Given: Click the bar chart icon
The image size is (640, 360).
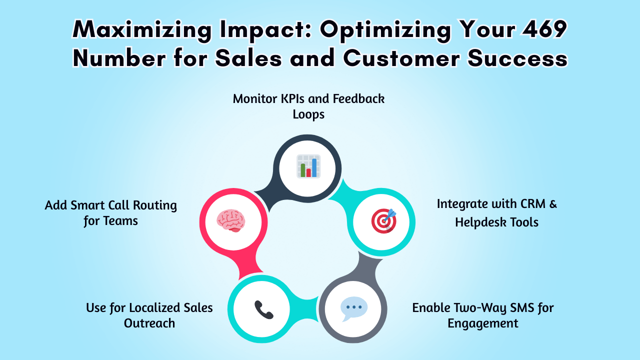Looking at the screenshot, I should (308, 166).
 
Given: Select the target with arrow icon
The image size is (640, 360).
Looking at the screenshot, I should (383, 221).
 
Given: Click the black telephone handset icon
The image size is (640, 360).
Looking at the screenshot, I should (263, 309).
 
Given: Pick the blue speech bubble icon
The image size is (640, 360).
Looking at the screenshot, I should (354, 309).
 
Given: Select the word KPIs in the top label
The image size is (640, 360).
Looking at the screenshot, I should (290, 98).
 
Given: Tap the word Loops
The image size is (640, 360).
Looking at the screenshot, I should (308, 114).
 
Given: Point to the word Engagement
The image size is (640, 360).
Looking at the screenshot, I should (482, 323).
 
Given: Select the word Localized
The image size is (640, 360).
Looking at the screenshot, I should (154, 307).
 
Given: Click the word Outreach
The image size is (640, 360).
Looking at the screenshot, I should (149, 323).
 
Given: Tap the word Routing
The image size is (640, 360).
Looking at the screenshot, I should (156, 205).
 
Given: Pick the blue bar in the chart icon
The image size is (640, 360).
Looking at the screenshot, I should (314, 167).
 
